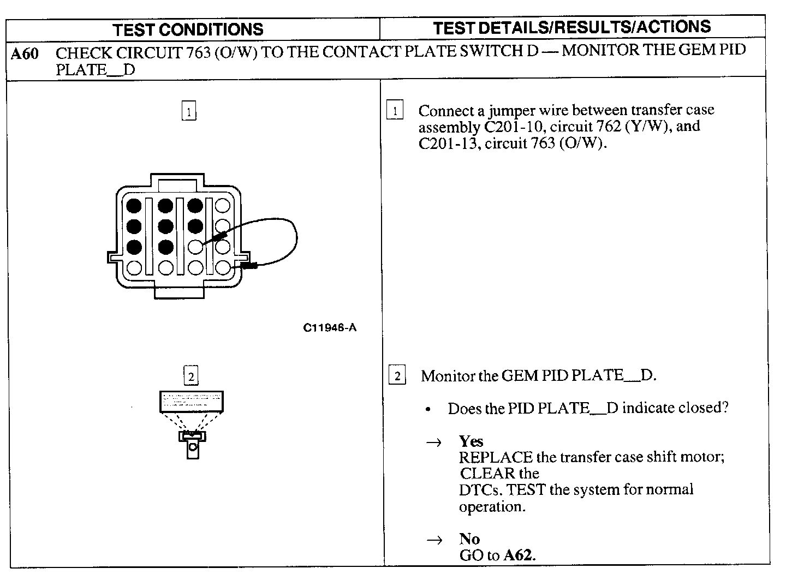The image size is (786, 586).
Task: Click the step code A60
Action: tap(25, 54)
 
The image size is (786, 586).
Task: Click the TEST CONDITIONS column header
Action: tap(188, 29)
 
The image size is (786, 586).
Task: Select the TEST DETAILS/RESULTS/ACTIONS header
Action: tap(571, 27)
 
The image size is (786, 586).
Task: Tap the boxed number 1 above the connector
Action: tap(189, 112)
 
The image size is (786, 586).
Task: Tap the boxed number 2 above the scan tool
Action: tap(190, 376)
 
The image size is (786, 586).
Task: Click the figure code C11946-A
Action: tap(330, 328)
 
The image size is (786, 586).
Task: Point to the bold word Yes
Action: tap(471, 441)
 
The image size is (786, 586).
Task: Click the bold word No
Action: tap(469, 539)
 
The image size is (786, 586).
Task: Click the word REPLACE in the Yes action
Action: tap(495, 457)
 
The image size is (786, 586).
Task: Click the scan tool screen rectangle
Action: tap(191, 402)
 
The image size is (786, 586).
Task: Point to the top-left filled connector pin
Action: tap(134, 206)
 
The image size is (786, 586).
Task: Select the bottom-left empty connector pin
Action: tap(134, 267)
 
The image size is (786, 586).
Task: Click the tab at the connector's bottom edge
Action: tap(179, 292)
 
